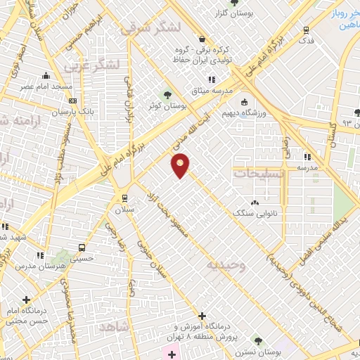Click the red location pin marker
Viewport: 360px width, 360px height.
(181, 165)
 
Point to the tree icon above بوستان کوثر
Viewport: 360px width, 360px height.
(167, 95)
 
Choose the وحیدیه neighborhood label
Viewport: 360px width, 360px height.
(226, 265)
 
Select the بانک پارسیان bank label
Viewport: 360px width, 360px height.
(72, 112)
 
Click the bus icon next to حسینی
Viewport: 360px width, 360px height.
(82, 247)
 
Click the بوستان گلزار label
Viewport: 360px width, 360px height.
(221, 13)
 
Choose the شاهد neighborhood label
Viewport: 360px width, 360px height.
(115, 328)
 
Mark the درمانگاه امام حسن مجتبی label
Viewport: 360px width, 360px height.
(27, 315)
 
